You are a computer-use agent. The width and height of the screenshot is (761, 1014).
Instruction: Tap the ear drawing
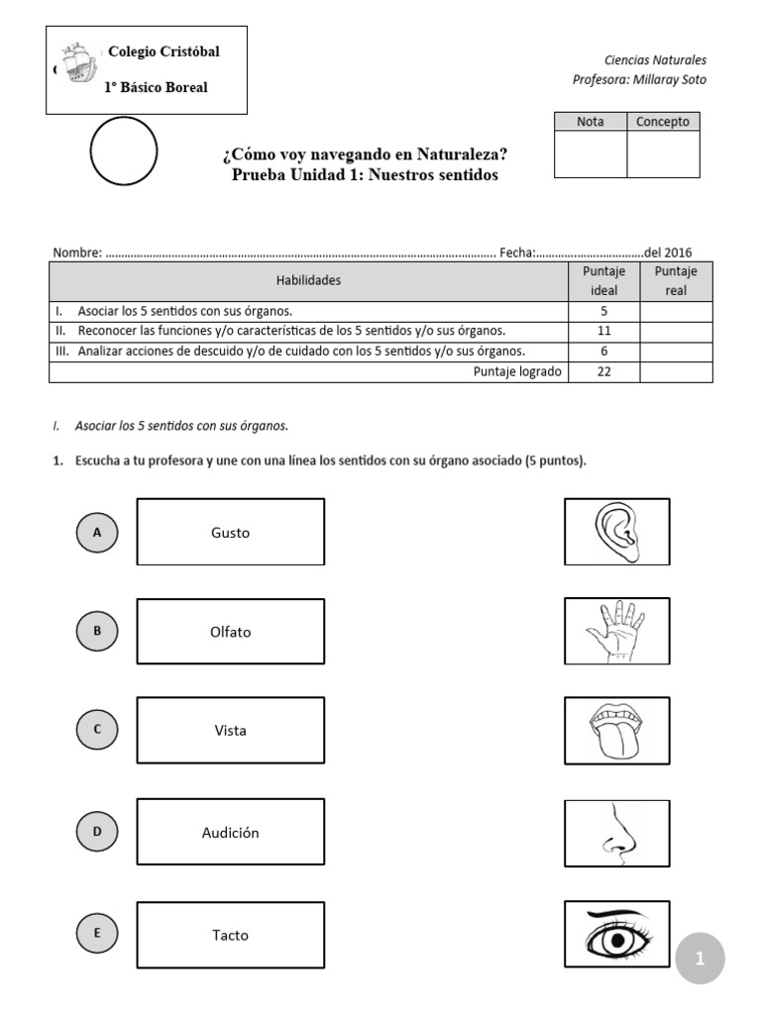[x=616, y=532]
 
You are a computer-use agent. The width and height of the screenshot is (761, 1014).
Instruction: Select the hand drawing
[x=616, y=631]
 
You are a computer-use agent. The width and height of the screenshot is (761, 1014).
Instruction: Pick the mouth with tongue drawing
[x=616, y=730]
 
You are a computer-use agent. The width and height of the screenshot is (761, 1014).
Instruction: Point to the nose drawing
[x=616, y=833]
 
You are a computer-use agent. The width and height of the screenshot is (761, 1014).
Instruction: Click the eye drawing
[x=616, y=934]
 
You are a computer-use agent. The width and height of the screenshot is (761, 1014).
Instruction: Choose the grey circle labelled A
[x=97, y=533]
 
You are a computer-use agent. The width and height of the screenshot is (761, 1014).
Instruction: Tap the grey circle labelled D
[x=97, y=832]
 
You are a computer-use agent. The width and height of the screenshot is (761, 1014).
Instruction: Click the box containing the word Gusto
[x=231, y=533]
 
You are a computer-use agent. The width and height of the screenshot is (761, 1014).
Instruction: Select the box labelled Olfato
[x=231, y=632]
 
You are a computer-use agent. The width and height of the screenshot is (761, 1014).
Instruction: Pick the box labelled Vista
[x=231, y=731]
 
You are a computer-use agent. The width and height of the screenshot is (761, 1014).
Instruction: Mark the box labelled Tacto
[x=231, y=935]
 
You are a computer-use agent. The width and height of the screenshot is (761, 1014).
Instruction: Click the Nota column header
[x=591, y=122]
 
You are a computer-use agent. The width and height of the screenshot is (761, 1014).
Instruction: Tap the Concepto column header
[x=663, y=122]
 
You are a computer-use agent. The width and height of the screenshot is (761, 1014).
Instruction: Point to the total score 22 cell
[x=603, y=372]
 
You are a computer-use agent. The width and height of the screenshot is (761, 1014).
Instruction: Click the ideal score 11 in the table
[x=603, y=331]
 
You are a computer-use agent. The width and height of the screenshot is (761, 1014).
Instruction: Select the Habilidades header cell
[x=308, y=280]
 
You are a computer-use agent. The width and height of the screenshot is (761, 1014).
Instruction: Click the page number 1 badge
[x=700, y=959]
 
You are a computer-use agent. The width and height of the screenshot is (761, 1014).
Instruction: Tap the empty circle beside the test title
[x=124, y=152]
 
